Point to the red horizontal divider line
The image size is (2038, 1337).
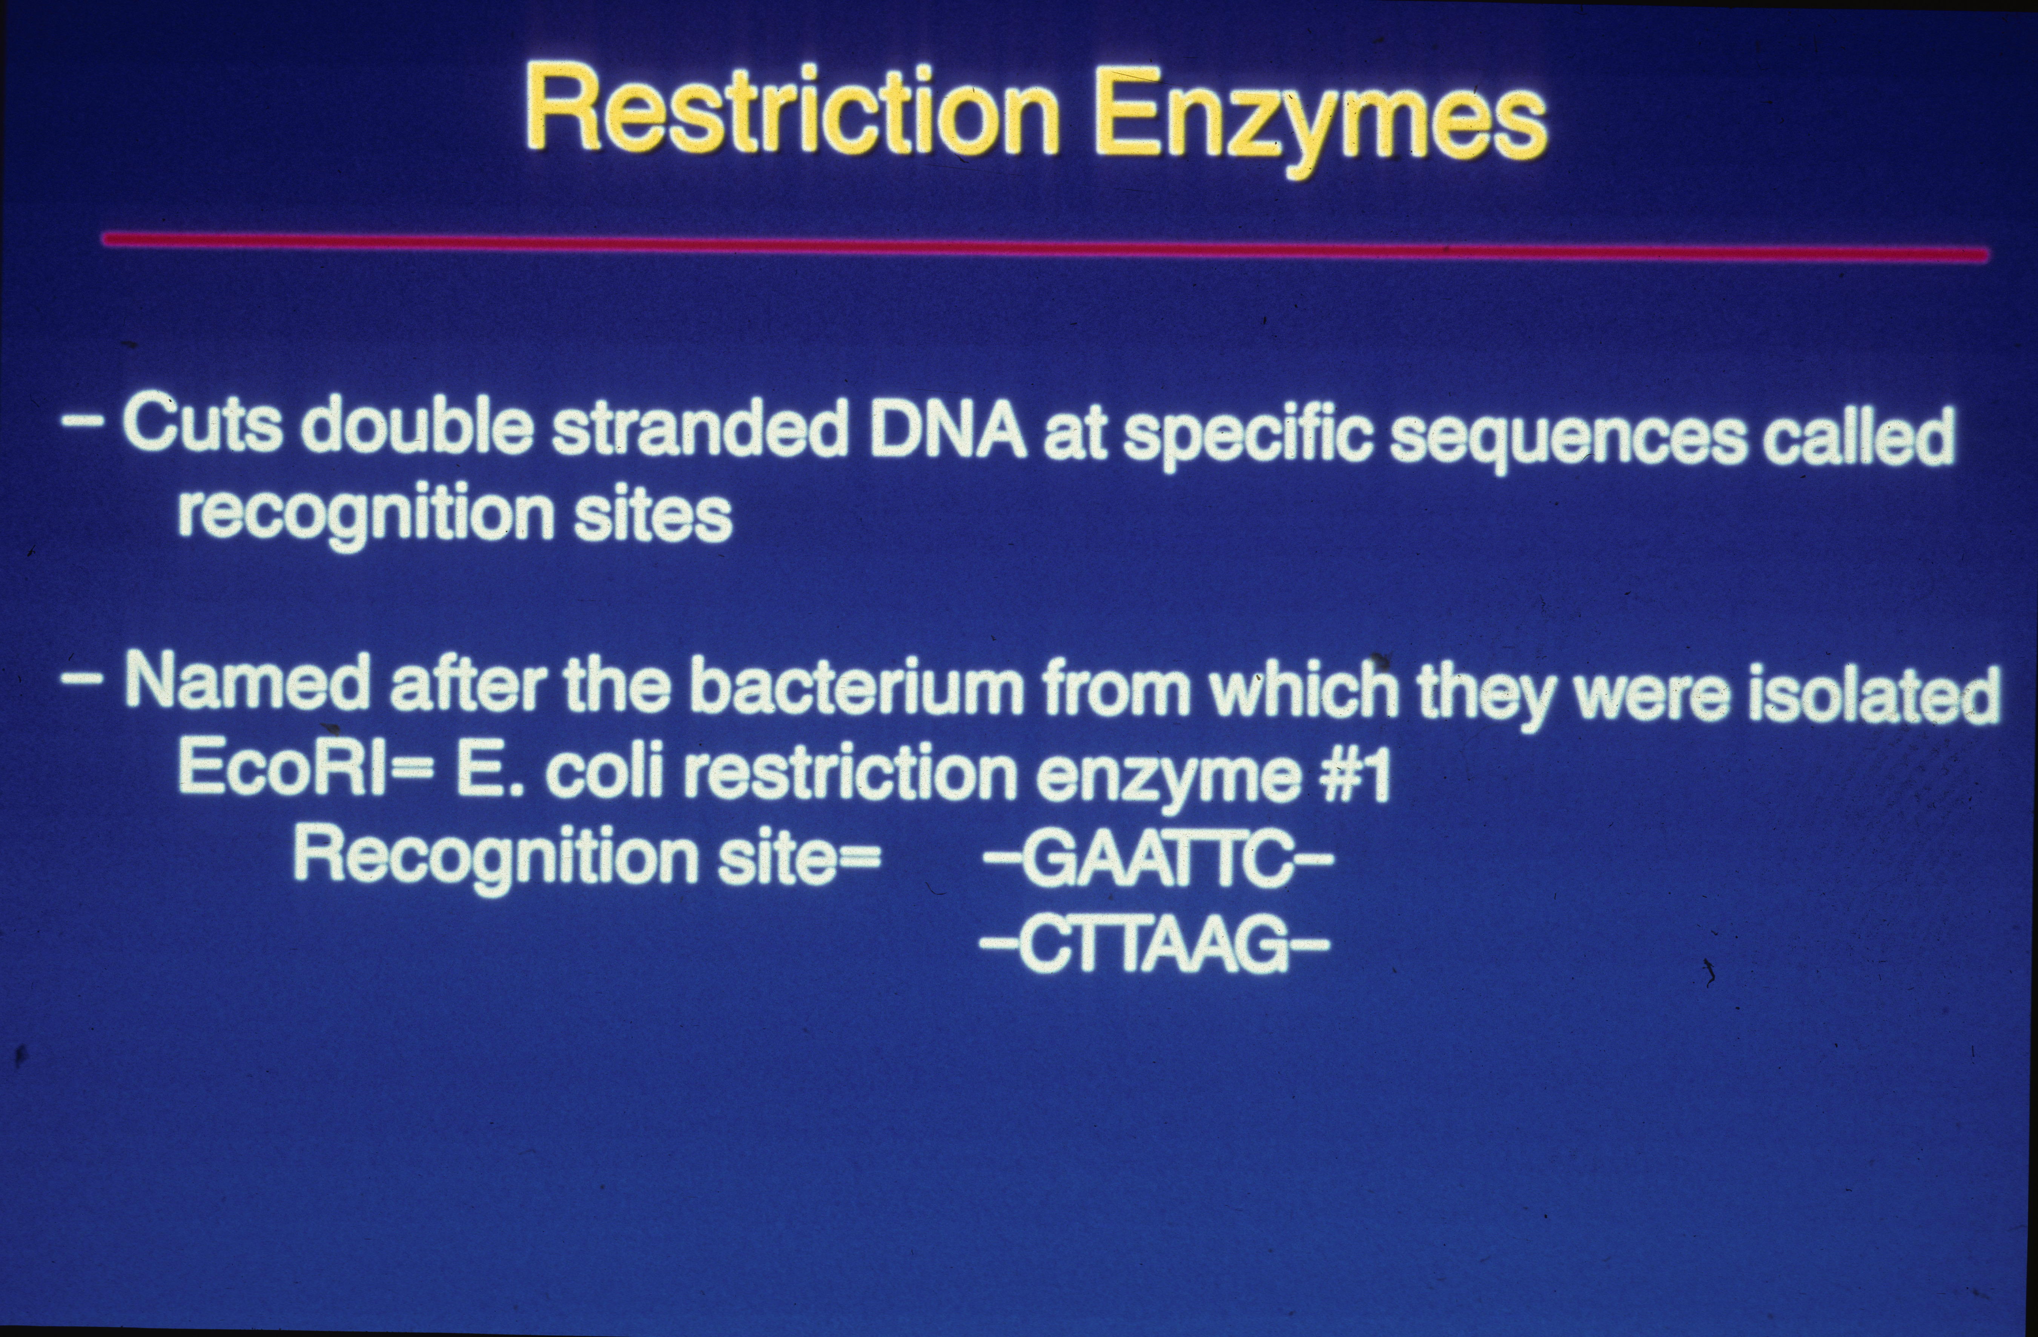tap(1045, 247)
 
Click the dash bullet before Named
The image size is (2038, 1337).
tap(84, 680)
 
